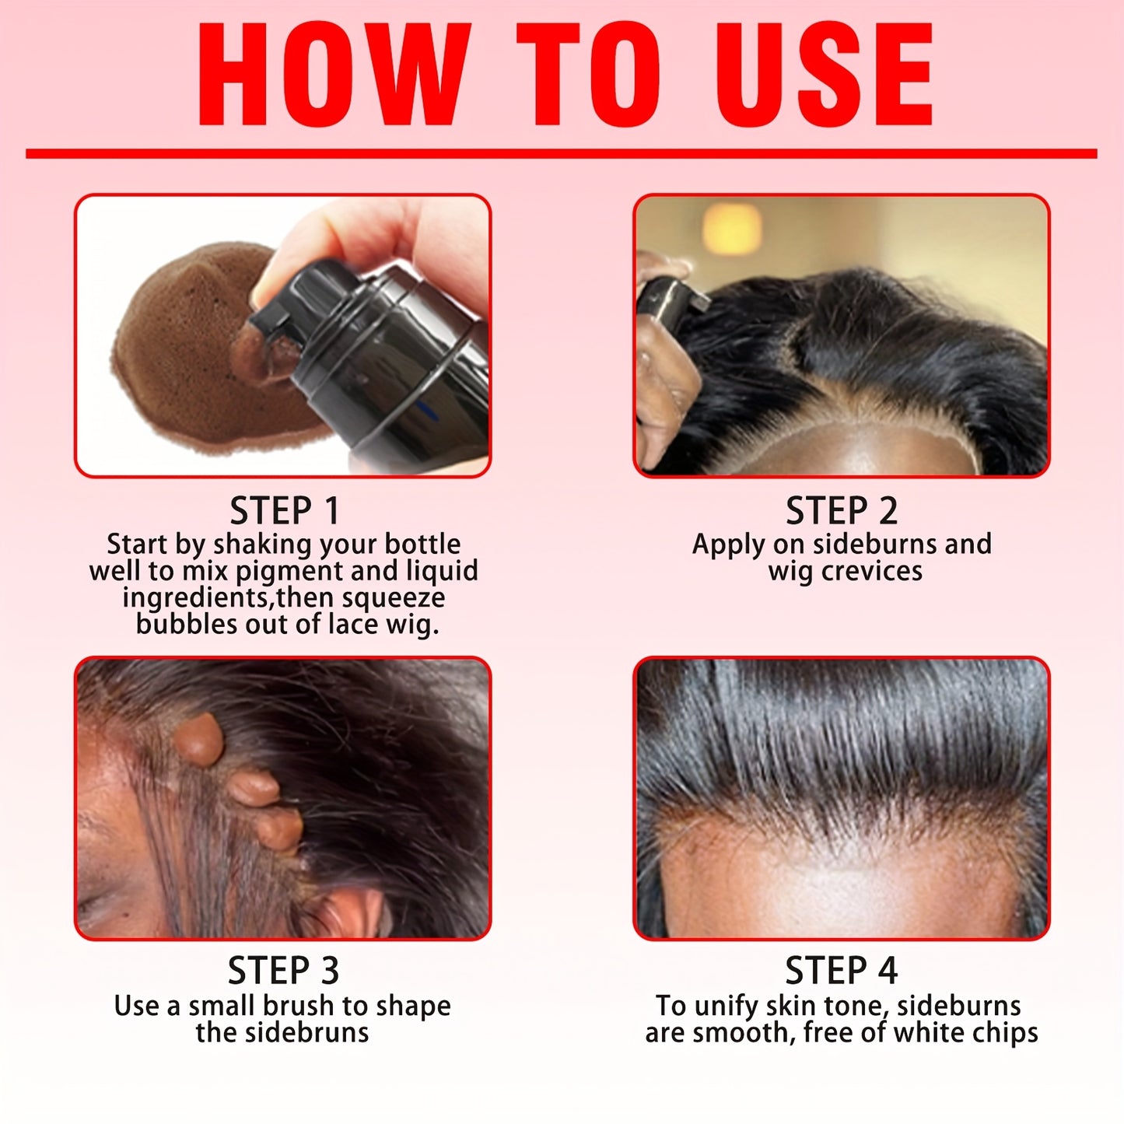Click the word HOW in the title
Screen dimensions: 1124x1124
[x=334, y=75]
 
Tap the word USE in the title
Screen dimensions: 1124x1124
[x=825, y=75]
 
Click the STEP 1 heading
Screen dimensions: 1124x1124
[x=285, y=511]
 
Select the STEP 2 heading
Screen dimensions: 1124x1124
[x=842, y=511]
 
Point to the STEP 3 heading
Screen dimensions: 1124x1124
[x=283, y=971]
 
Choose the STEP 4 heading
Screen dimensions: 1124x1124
[x=842, y=971]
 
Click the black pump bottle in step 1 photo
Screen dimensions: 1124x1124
[x=389, y=358]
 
